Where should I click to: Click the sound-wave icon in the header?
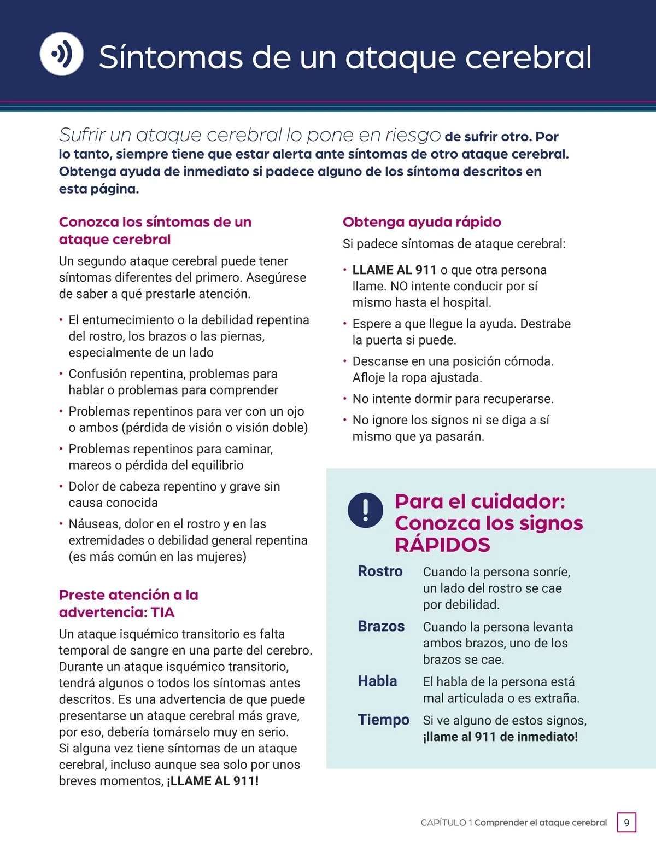[x=62, y=54]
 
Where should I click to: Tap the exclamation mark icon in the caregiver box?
[x=365, y=510]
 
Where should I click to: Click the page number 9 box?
[x=626, y=822]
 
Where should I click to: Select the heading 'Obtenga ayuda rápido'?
[x=421, y=222]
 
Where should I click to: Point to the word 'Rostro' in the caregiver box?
[x=380, y=571]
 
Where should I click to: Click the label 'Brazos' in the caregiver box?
[x=381, y=626]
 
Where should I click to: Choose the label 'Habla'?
[x=377, y=681]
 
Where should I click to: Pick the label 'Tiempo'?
[x=383, y=720]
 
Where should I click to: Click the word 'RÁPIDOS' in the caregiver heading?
[x=442, y=545]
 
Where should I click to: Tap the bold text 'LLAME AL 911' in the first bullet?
[x=394, y=270]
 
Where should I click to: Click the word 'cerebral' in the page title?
[x=529, y=57]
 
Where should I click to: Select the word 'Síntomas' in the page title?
[x=171, y=57]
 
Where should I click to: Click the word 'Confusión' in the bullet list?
[x=95, y=374]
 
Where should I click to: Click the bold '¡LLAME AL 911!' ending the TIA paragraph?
[x=213, y=781]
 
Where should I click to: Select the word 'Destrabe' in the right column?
[x=545, y=324]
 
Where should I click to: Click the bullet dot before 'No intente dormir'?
[x=345, y=399]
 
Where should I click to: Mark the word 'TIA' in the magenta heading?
[x=163, y=612]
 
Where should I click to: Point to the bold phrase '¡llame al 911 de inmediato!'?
[x=500, y=737]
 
